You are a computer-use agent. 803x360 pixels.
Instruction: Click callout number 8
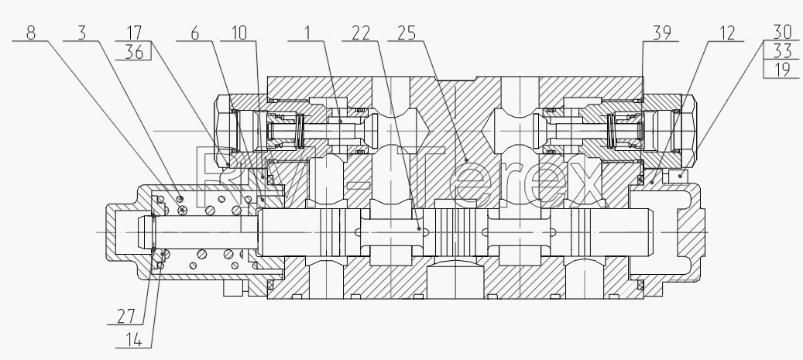pos(31,33)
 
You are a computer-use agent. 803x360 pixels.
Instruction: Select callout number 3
pos(82,33)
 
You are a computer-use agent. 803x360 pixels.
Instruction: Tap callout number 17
pos(134,33)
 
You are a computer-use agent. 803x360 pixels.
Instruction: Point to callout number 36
pos(134,52)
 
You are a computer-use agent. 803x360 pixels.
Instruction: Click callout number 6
pos(194,33)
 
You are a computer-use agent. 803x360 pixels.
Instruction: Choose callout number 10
pos(239,33)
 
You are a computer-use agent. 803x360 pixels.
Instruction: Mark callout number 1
pos(307,33)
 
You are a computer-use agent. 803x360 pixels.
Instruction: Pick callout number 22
pos(361,33)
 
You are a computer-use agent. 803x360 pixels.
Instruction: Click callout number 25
pos(407,33)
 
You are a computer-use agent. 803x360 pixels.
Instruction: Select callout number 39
pos(661,33)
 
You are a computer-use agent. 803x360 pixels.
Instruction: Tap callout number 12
pos(727,33)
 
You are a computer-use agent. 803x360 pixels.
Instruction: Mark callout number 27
pos(126,317)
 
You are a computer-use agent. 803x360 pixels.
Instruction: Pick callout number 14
pos(134,340)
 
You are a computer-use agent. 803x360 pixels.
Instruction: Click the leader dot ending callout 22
pos(420,229)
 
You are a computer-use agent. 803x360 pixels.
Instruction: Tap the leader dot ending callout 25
pos(466,160)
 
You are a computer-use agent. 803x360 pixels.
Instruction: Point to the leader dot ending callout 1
pos(341,122)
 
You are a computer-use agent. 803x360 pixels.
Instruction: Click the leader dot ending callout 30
pos(681,177)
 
